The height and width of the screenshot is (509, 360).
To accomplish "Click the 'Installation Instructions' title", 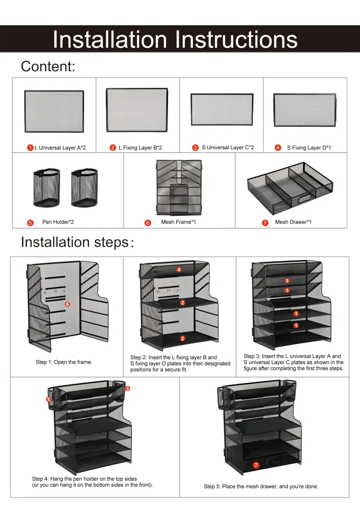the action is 175,39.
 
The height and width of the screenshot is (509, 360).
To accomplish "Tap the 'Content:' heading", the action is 48,66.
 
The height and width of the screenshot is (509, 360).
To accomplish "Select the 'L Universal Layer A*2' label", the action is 60,148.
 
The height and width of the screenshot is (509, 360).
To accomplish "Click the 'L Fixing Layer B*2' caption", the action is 140,148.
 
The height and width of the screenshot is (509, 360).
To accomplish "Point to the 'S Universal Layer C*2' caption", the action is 228,148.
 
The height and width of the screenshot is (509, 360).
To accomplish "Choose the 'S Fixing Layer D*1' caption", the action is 309,148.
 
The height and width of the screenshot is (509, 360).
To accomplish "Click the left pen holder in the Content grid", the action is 47,187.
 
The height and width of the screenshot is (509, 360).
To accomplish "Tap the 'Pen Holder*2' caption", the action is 58,222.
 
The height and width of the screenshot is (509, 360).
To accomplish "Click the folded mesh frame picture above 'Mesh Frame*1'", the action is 179,187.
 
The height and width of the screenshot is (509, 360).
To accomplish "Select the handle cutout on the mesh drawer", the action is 304,199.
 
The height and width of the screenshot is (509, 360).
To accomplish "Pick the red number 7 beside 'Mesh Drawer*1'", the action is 265,223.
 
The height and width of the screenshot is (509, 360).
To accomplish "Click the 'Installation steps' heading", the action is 77,242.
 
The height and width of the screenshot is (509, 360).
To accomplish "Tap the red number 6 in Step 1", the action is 67,304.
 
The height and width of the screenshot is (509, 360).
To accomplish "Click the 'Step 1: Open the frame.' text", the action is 64,362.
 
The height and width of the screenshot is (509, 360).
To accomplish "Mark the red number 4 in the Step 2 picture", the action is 179,269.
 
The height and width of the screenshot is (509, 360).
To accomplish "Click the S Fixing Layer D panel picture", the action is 305,110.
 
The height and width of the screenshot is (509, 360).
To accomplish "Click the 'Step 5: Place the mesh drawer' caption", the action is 261,486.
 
